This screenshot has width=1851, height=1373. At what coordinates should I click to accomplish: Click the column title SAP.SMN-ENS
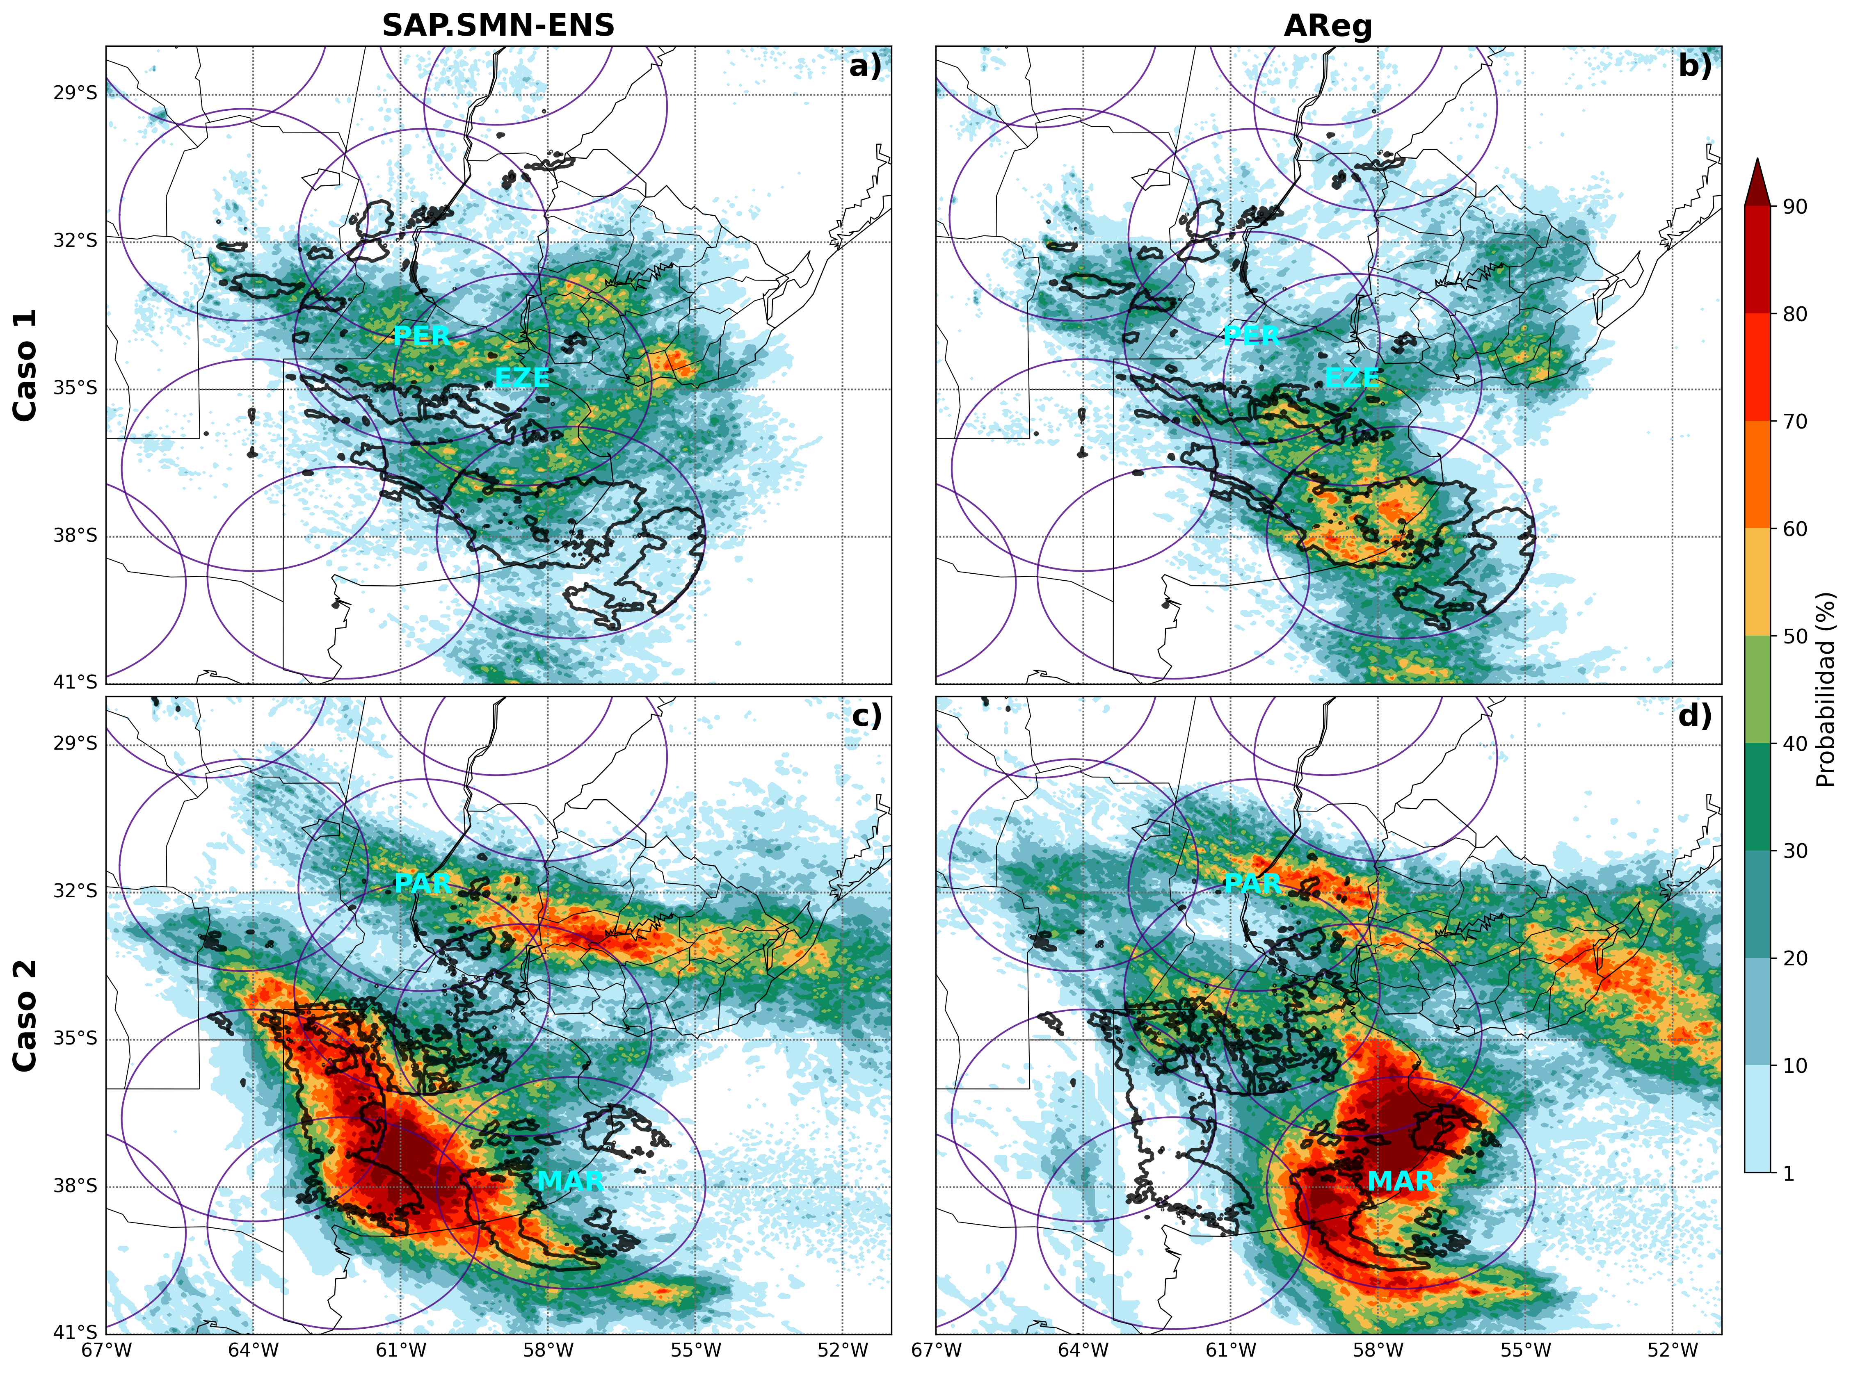(498, 26)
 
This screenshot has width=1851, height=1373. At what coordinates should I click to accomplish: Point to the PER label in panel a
(422, 336)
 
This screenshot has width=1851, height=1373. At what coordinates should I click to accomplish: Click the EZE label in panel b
(1351, 377)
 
